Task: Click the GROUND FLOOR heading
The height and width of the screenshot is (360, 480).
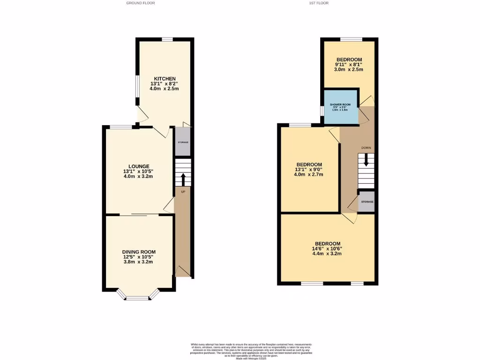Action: click(x=141, y=3)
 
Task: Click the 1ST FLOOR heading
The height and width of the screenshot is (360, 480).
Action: click(x=319, y=3)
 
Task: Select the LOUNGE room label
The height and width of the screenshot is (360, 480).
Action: click(x=139, y=166)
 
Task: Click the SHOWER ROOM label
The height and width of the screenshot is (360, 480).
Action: click(x=340, y=105)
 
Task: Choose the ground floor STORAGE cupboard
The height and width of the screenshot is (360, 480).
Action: click(x=183, y=142)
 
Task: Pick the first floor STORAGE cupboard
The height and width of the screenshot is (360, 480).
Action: click(x=367, y=202)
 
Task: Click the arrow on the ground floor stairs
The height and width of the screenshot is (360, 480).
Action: click(x=183, y=179)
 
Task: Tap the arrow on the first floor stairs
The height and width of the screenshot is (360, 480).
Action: click(x=367, y=161)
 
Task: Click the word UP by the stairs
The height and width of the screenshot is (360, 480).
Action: click(x=183, y=191)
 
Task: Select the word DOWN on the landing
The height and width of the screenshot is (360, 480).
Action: click(x=366, y=148)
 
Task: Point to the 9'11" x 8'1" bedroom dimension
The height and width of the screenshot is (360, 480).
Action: click(x=348, y=64)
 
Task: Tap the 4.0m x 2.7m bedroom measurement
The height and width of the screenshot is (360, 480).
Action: click(x=309, y=174)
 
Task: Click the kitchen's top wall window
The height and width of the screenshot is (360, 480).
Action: click(x=168, y=39)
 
